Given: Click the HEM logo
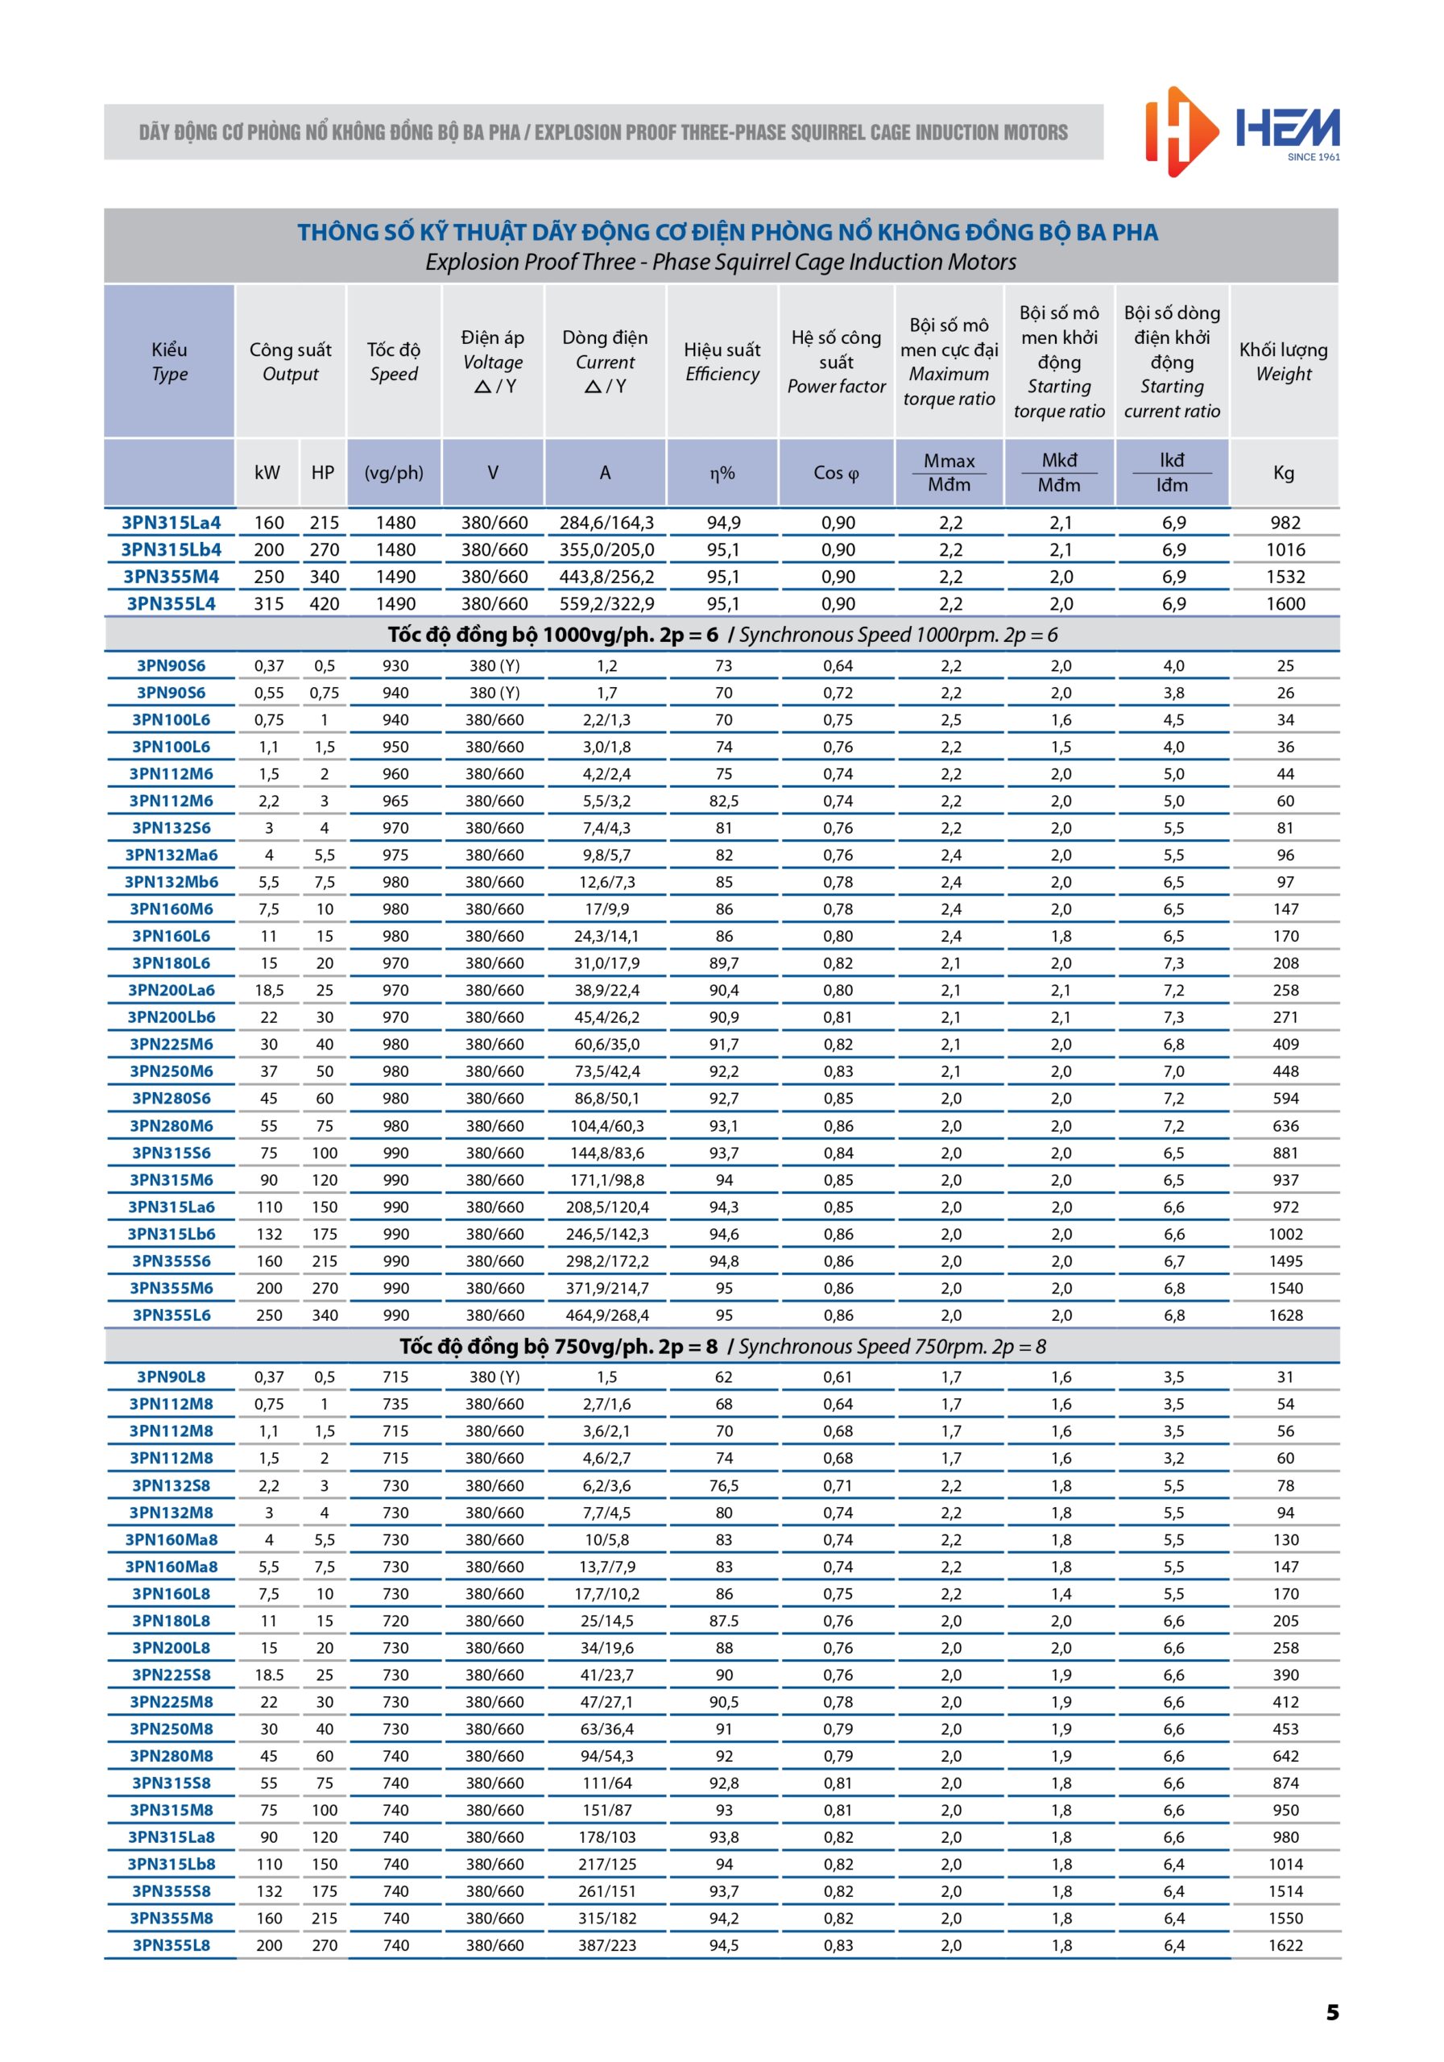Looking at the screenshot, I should click(1242, 131).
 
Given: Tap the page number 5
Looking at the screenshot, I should click(1332, 2012).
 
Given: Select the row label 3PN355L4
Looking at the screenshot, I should click(171, 603).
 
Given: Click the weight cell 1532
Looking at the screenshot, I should click(1285, 577).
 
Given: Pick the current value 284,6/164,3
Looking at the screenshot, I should click(606, 523).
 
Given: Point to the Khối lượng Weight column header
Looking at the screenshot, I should click(1283, 361).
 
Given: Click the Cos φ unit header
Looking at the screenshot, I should click(836, 472).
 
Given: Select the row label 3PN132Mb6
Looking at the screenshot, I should click(171, 882).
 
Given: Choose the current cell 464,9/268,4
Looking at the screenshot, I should click(606, 1315).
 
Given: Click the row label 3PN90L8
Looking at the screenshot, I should click(171, 1377).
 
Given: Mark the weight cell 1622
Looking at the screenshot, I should click(1285, 1945).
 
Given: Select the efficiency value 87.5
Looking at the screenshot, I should click(724, 1621).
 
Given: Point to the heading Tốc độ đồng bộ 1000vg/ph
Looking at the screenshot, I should click(553, 635).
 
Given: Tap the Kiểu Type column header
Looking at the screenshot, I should click(169, 361).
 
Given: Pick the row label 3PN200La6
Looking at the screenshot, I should click(171, 990).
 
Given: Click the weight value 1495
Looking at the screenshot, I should click(1285, 1261).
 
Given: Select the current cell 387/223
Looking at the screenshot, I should click(606, 1945).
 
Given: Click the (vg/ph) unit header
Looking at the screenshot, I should click(393, 472).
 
